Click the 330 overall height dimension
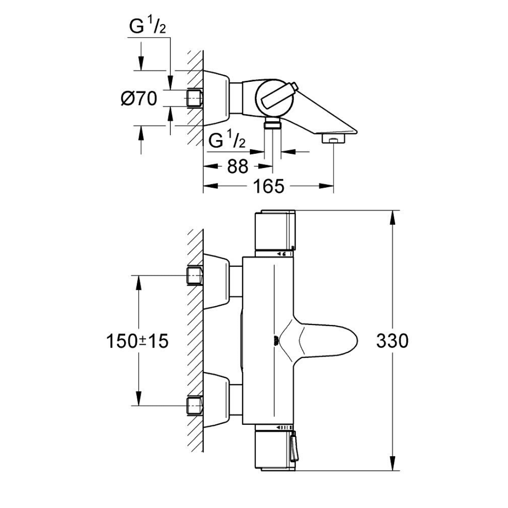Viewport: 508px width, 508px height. click(x=392, y=341)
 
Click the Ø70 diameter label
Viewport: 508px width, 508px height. click(x=138, y=99)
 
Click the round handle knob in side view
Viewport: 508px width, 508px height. click(x=274, y=98)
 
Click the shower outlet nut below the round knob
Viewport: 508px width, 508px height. click(x=272, y=124)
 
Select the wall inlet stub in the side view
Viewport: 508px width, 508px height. click(x=194, y=98)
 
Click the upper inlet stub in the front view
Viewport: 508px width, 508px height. click(x=194, y=275)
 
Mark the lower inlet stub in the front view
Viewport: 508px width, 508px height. click(x=194, y=405)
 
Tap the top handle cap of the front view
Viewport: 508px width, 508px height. click(x=275, y=230)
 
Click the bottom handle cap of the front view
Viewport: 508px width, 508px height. click(x=275, y=449)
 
